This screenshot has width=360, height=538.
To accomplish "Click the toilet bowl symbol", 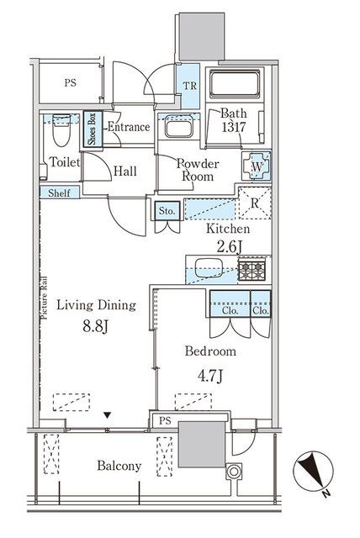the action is [x=61, y=131].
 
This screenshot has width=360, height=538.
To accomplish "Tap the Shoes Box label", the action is [x=93, y=129].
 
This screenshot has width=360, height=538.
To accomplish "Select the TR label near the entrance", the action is [x=189, y=86].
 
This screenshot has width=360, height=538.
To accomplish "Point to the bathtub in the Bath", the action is [x=235, y=84].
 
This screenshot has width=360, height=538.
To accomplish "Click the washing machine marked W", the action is [x=257, y=166].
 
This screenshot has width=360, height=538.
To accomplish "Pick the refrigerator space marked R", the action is [x=255, y=203].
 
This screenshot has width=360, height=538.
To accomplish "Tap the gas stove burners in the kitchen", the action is [x=252, y=270].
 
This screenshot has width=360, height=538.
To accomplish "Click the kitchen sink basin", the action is [x=209, y=267].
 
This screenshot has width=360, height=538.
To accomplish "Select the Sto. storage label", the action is [x=167, y=211].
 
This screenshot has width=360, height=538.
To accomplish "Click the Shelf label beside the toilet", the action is [x=59, y=193].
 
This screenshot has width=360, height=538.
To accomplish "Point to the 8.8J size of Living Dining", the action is [x=96, y=326].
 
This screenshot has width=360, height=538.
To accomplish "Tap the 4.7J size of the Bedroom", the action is [x=210, y=376].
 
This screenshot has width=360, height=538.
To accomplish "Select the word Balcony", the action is [x=119, y=466].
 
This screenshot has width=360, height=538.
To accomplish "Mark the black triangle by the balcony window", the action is [x=108, y=415].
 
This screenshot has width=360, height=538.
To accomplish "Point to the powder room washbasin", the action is [x=178, y=127].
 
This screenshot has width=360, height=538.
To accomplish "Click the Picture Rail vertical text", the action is [x=45, y=298].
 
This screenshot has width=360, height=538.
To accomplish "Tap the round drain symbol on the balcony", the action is [x=234, y=472].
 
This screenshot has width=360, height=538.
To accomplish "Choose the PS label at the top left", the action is [x=71, y=82].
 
